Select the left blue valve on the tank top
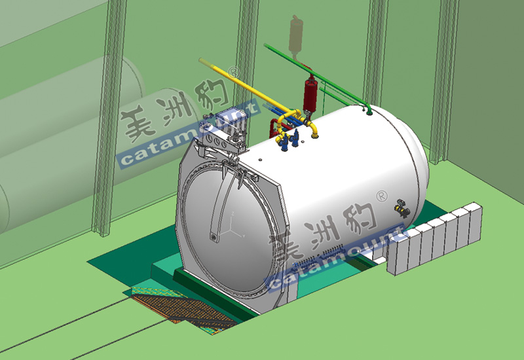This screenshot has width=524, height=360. (x=284, y=143)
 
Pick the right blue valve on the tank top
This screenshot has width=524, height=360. (x=295, y=139)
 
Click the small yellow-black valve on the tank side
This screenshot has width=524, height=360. (x=402, y=208)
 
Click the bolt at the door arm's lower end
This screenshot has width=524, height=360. (x=214, y=237)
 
